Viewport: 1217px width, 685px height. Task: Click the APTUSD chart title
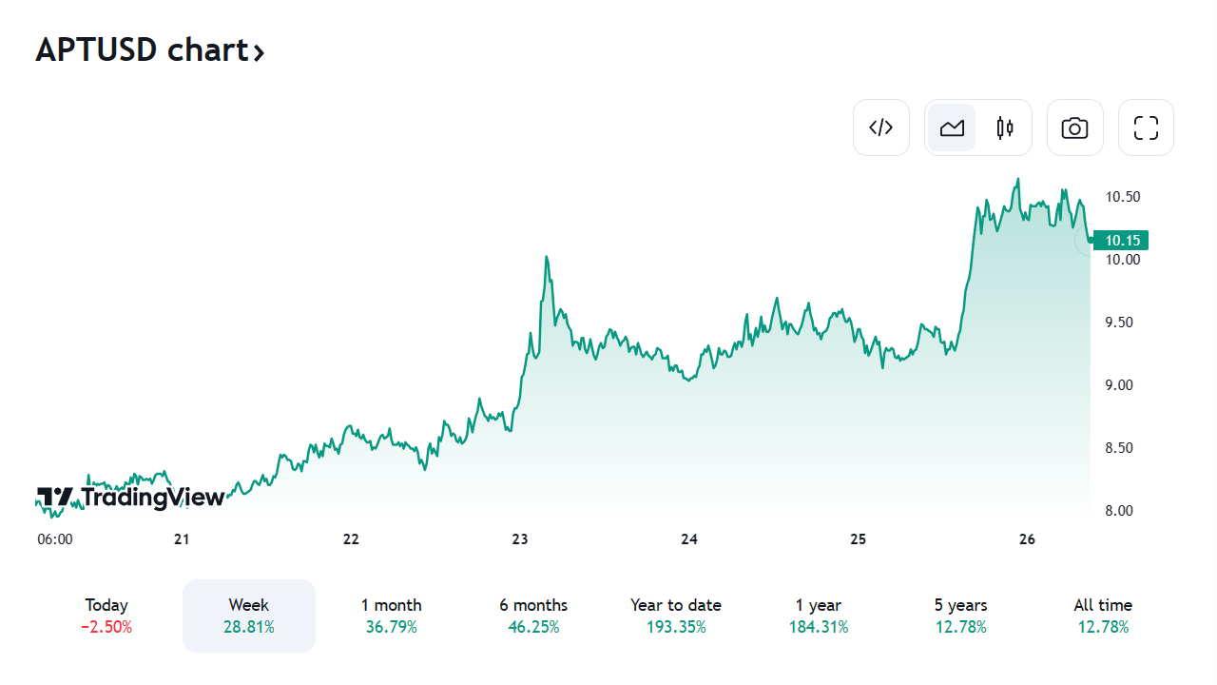point(149,49)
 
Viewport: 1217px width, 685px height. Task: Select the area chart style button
point(952,127)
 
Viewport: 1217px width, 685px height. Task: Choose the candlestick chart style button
point(1005,127)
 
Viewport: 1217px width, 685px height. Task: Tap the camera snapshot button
point(1074,127)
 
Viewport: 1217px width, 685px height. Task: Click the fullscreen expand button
point(1146,127)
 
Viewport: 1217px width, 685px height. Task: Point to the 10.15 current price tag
point(1122,240)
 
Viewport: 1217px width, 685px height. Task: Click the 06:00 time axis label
point(55,539)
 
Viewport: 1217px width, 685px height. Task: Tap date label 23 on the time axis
point(520,539)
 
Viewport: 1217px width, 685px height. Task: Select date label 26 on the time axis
point(1027,539)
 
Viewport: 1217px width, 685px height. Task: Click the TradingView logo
point(131,497)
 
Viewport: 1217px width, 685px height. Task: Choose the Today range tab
point(106,615)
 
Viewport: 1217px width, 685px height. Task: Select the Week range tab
point(248,615)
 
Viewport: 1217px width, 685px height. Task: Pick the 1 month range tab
point(391,615)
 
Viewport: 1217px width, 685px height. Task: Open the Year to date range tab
point(676,615)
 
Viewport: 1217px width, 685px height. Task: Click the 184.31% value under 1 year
point(819,627)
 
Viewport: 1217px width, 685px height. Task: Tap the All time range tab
point(1103,615)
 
